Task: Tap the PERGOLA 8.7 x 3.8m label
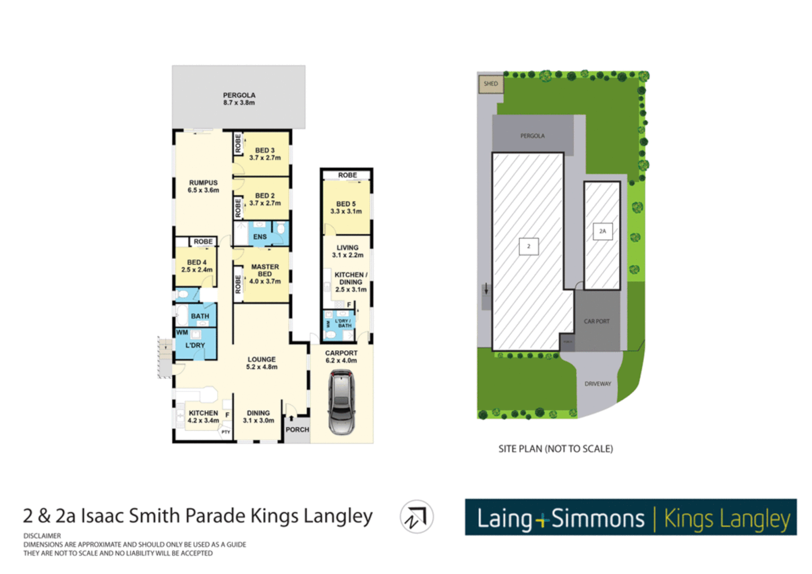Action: [239, 99]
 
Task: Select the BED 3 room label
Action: [265, 154]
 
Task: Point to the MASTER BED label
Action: [265, 274]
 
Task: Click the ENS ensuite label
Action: [260, 237]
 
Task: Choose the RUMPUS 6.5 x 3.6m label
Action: [203, 186]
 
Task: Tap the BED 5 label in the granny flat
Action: [346, 207]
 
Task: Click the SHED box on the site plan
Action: [490, 84]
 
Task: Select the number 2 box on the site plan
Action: [528, 247]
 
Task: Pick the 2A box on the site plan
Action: [602, 231]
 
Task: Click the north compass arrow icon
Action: [416, 517]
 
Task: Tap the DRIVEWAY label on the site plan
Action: [597, 384]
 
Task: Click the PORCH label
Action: [297, 429]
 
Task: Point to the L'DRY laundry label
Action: [195, 345]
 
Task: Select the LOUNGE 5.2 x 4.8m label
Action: [261, 363]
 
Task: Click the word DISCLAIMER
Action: [42, 536]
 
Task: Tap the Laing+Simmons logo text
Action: [561, 518]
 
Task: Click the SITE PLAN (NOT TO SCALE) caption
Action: [555, 449]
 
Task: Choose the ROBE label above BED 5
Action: [348, 175]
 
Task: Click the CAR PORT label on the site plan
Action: [596, 322]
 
